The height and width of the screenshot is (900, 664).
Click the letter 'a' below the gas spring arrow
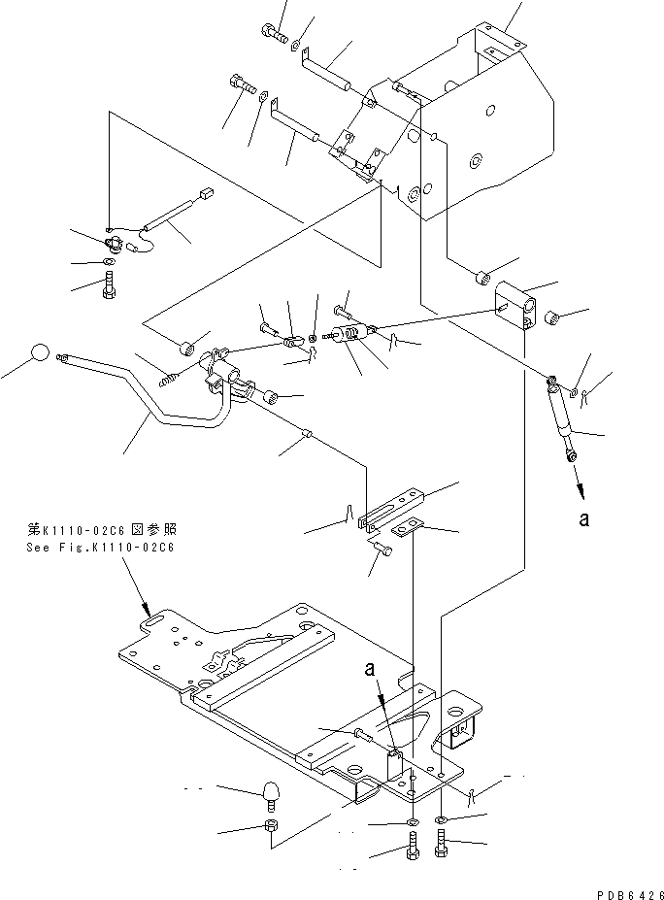pos(583,519)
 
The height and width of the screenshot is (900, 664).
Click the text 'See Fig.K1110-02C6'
pos(101,548)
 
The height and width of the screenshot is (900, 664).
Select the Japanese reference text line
pos(100,531)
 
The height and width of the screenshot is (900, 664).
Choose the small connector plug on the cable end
pos(205,194)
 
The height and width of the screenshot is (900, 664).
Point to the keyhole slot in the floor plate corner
pos(153,616)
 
